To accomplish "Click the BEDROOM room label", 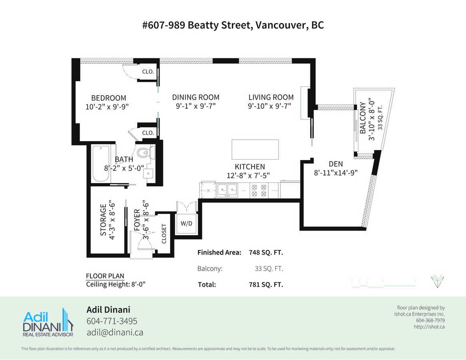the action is click(108, 98).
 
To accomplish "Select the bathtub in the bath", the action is click(101, 164).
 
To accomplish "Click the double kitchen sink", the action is click(227, 190).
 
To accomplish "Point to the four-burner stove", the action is click(259, 190).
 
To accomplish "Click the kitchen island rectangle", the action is click(255, 150).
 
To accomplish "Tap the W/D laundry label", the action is click(187, 223).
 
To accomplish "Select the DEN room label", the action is click(336, 164).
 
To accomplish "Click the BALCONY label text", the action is click(363, 118).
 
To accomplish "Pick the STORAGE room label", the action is click(103, 220).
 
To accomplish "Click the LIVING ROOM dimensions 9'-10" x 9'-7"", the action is click(270, 106).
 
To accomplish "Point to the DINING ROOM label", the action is click(196, 97).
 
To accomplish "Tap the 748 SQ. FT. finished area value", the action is click(266, 252).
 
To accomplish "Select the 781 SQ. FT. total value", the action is click(266, 284).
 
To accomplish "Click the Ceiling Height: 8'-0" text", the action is click(116, 284).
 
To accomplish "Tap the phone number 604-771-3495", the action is click(112, 321).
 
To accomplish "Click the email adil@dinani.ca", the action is click(115, 332).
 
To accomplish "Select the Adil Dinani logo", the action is click(48, 322).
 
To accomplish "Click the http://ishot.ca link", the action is click(429, 327).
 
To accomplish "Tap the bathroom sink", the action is click(148, 173).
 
